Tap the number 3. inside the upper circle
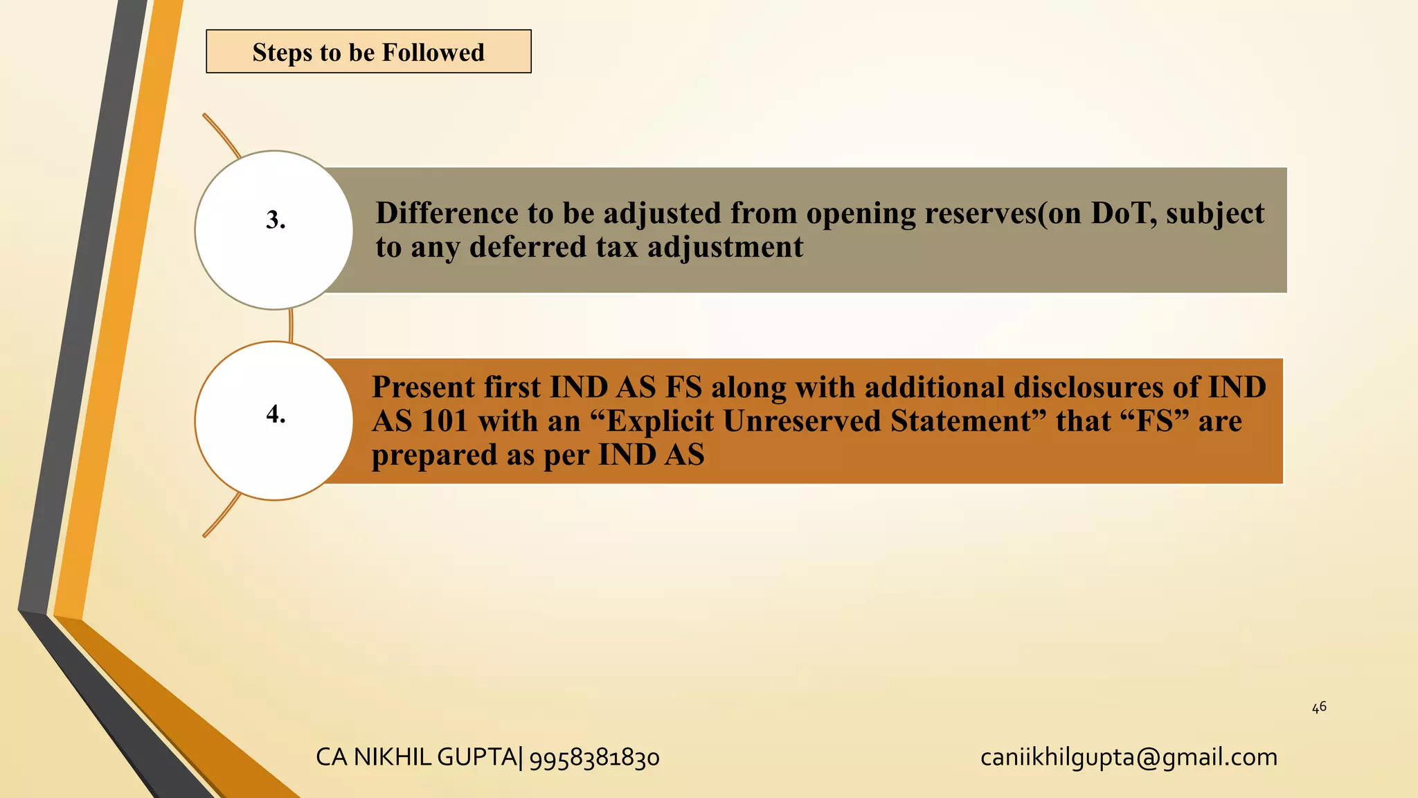click(x=276, y=220)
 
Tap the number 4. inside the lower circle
click(x=276, y=414)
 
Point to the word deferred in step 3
click(x=528, y=247)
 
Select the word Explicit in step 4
click(x=660, y=421)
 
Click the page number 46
click(x=1319, y=707)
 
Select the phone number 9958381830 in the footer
click(x=594, y=758)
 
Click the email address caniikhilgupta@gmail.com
click(x=1129, y=758)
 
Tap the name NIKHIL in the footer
click(x=393, y=757)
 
